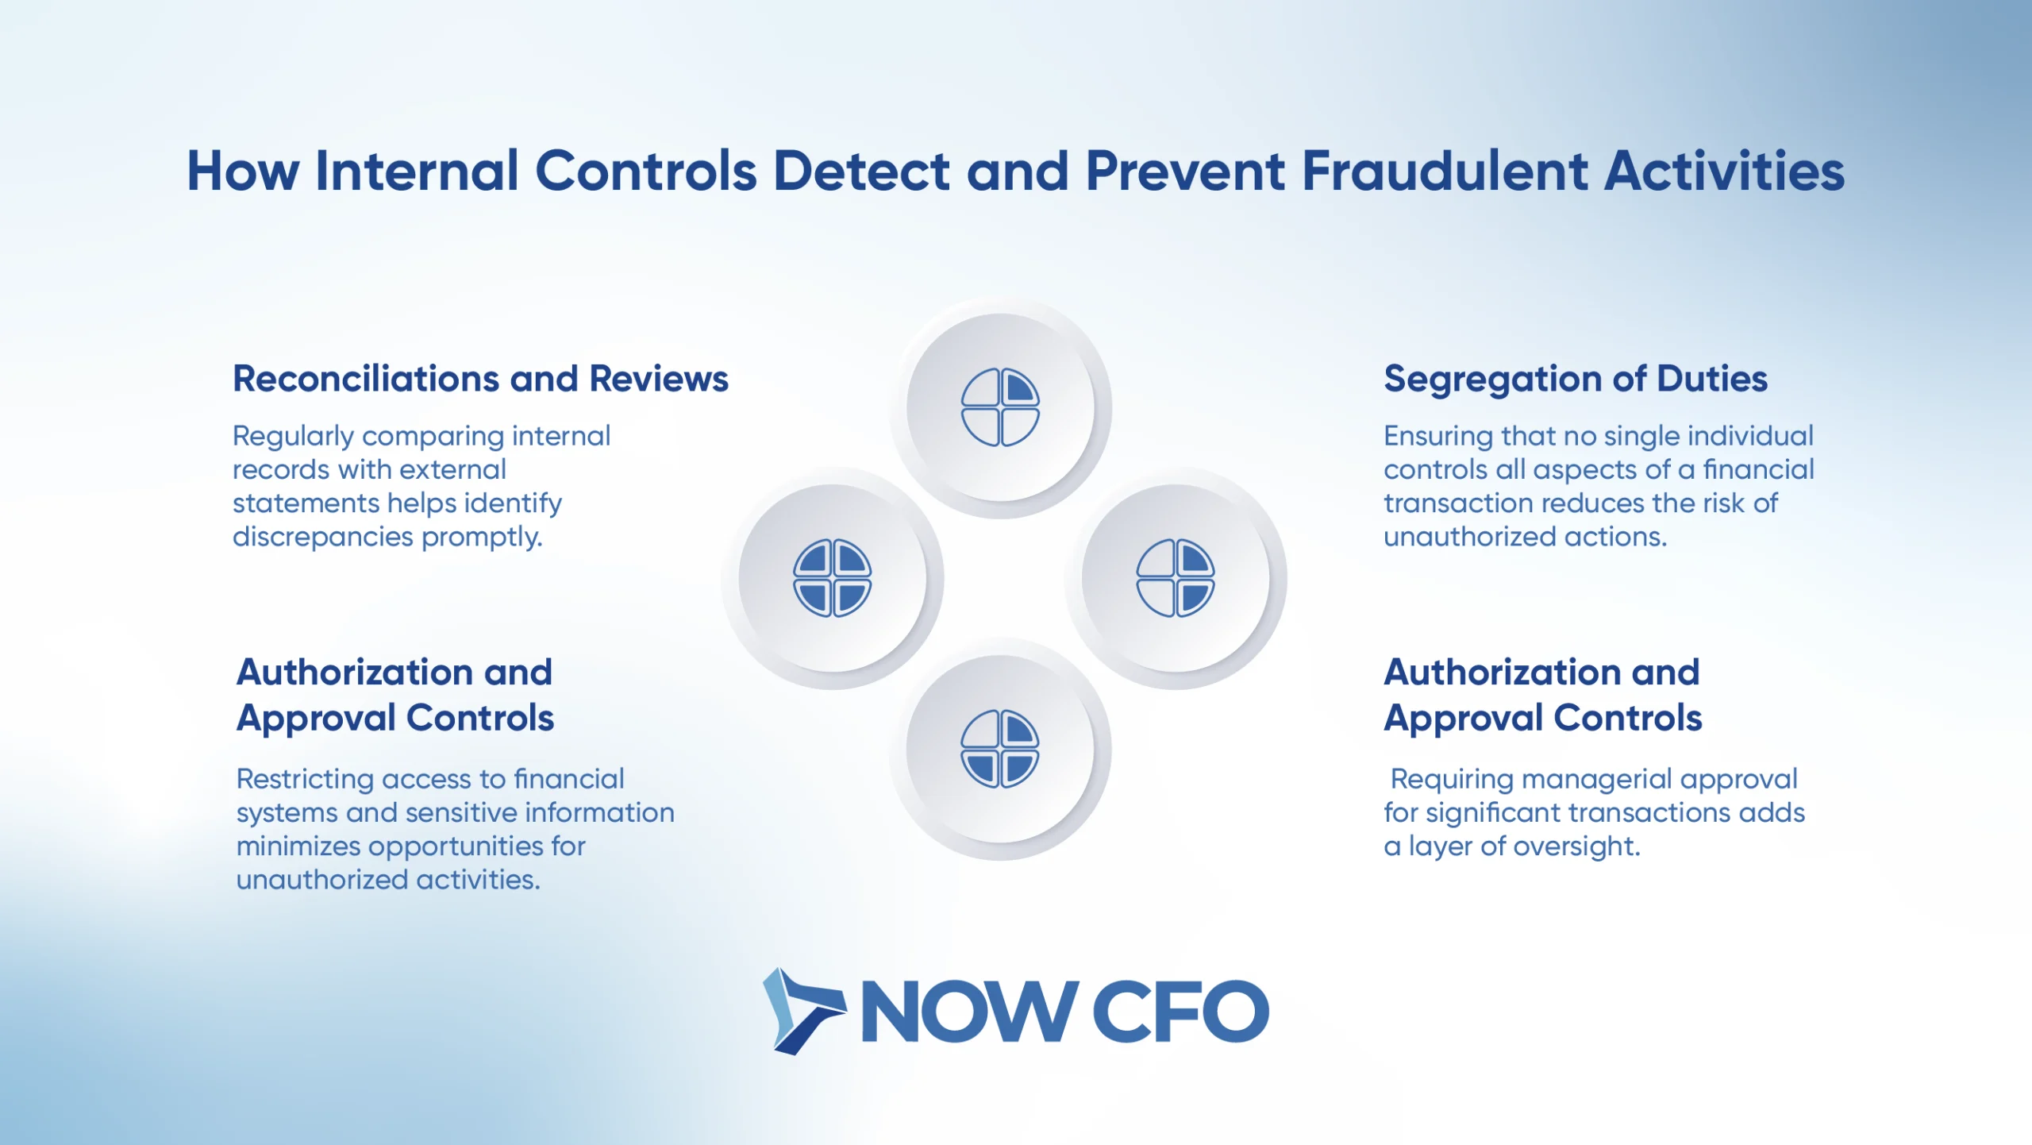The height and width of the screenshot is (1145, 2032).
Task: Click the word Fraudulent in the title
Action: tap(1445, 171)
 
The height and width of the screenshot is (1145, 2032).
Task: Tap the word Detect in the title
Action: tap(861, 171)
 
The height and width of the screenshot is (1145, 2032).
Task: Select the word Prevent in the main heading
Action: tap(1185, 171)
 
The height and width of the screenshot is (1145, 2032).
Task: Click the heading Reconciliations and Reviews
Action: tap(480, 379)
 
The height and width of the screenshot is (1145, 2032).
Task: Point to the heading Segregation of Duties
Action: tap(1576, 380)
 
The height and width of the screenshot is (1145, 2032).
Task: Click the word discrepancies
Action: tap(322, 538)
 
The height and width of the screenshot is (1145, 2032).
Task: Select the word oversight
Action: tap(1577, 846)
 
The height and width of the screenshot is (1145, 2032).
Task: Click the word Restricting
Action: tap(305, 780)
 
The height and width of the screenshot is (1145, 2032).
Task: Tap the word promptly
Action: tap(482, 538)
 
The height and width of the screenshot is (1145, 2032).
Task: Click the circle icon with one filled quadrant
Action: tap(1000, 407)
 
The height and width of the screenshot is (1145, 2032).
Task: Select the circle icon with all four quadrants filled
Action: tap(832, 578)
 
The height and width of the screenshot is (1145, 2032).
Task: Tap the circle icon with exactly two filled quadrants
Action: tap(1175, 578)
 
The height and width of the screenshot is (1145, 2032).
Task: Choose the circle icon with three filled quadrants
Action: tap(1000, 749)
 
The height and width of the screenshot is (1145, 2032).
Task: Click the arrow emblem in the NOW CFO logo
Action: tap(802, 1011)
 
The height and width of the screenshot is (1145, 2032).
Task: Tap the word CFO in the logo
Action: tap(1180, 1011)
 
